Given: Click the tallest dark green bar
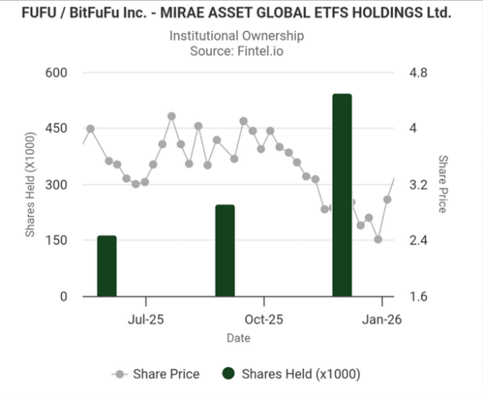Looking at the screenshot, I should click(x=342, y=195).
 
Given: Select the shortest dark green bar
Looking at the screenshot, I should click(x=107, y=266).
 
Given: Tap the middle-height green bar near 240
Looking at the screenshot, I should click(x=225, y=250).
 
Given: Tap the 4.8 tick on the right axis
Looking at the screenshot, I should click(x=419, y=73).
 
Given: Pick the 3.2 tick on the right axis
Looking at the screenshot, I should click(x=419, y=185).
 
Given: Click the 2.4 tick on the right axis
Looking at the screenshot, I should click(x=419, y=240).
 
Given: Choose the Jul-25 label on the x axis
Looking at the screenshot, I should click(x=146, y=320).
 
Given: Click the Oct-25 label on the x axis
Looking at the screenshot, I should click(x=263, y=320).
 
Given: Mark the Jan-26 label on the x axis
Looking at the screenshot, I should click(x=382, y=320).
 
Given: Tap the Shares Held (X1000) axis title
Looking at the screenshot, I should click(x=30, y=185).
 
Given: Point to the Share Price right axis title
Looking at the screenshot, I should click(x=442, y=185).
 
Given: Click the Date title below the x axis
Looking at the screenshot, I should click(x=238, y=338).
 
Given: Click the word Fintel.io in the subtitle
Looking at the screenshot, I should click(x=260, y=51).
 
